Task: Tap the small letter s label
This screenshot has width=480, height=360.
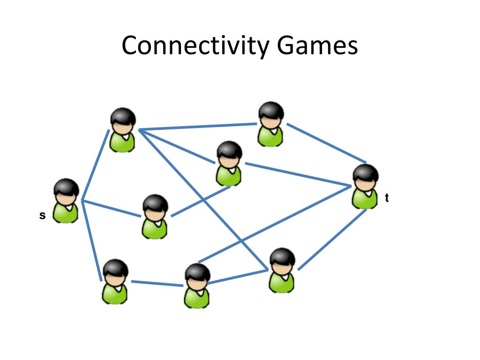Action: coord(42,216)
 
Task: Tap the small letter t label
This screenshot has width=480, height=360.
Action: coord(387,198)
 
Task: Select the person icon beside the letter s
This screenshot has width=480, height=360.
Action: coord(66,201)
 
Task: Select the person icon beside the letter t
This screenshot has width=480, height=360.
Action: coord(365,187)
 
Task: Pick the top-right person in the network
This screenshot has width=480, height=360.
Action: coord(271,124)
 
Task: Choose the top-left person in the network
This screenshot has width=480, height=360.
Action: coord(123,130)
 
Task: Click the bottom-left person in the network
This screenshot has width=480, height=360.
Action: coord(115,282)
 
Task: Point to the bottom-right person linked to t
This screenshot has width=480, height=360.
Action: coord(282,271)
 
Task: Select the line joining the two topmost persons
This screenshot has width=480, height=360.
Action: coord(197,127)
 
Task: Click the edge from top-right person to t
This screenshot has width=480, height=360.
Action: coord(326,142)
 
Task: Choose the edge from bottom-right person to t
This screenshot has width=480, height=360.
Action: coord(332,240)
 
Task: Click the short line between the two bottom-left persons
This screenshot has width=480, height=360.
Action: coord(157,283)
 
